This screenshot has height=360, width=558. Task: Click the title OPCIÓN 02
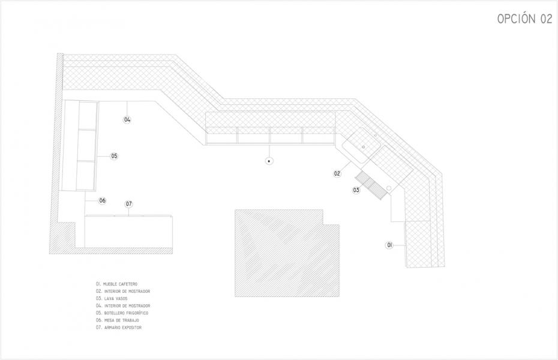coord(524,18)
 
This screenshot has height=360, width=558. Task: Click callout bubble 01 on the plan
coord(389,245)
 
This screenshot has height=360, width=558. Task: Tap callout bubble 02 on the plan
coord(337,173)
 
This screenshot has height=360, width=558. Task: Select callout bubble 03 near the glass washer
coord(356,190)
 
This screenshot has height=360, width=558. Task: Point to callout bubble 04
coord(127,120)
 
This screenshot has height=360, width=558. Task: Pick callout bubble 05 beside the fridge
coord(114,156)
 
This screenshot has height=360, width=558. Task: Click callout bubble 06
coord(103,200)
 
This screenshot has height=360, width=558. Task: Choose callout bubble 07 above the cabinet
coord(129,204)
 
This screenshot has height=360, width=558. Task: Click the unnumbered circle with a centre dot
coord(269,161)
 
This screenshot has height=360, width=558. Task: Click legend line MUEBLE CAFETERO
coord(116,284)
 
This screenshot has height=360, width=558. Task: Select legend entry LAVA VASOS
coord(112,298)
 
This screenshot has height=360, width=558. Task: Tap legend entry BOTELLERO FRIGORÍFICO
coord(122,313)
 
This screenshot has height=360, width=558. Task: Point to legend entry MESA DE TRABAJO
coord(118,320)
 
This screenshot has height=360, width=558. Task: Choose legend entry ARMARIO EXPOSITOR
coord(119,328)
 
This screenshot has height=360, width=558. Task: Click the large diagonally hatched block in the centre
coord(287,253)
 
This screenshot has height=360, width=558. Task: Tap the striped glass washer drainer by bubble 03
coord(371,185)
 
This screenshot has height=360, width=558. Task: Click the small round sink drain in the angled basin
coord(364,147)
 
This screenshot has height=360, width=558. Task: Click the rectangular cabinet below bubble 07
coord(128,231)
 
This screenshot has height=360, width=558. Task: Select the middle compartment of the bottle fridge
coord(87,145)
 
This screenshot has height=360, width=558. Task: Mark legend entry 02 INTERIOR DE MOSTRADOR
coord(123,292)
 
